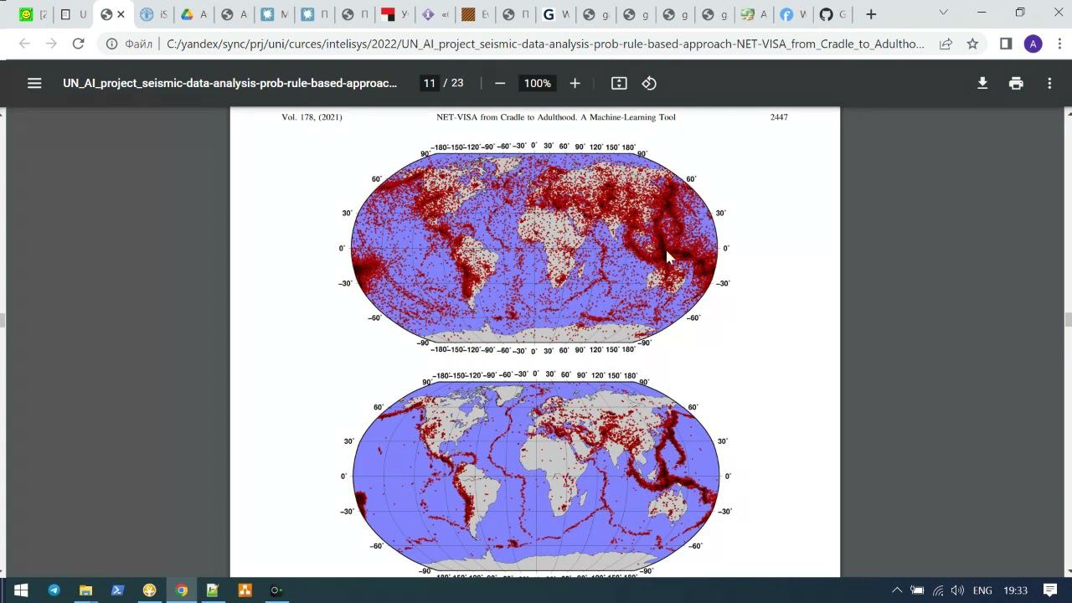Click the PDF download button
coord(982,83)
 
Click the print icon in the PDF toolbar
coord(1016,83)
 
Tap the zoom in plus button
coord(575,83)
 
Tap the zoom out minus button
coord(500,83)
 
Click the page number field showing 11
coord(430,83)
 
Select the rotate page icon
coord(649,83)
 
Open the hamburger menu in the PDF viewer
coord(34,83)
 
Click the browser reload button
coord(79,44)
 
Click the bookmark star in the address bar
coord(972,44)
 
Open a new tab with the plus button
coord(871,14)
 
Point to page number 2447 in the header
coord(779,117)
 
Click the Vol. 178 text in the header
coord(312,117)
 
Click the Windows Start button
coord(21,590)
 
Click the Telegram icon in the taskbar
coord(54,590)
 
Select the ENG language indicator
coord(982,590)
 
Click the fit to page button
coord(619,83)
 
